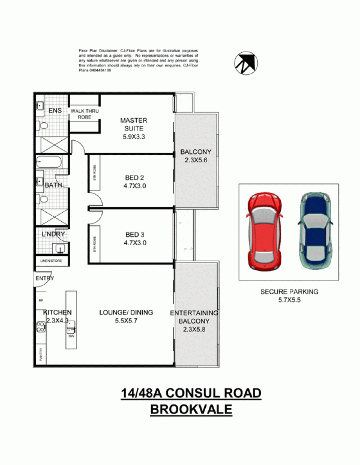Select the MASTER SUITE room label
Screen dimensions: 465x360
[134, 124]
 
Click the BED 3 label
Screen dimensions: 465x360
[135, 234]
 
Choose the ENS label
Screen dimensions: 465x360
[48, 111]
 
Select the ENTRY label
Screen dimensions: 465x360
[45, 278]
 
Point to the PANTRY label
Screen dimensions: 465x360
[40, 355]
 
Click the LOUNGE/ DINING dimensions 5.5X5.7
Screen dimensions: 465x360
[126, 321]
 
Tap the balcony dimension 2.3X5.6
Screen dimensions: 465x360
[195, 160]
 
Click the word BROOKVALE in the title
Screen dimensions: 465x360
[191, 410]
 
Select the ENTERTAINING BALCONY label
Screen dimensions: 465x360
[194, 317]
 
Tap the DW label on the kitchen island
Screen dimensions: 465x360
[71, 336]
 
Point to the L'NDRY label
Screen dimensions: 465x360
[54, 234]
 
